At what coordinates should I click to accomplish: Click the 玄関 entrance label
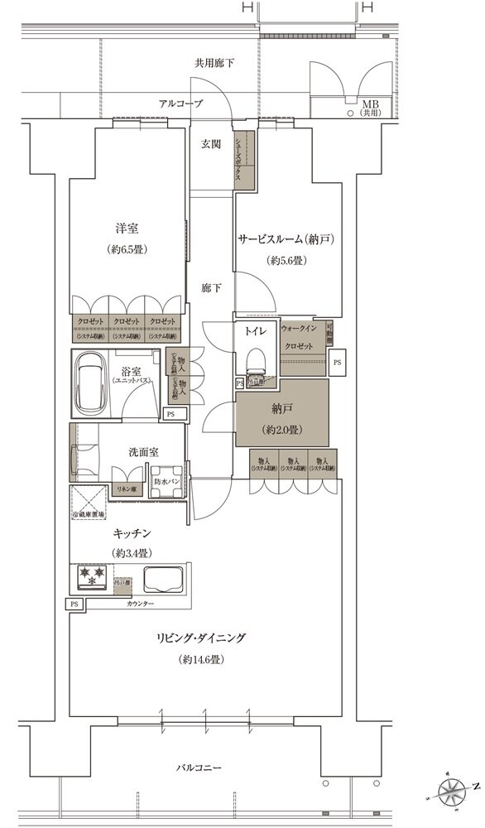tap(210, 144)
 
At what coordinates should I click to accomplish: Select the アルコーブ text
tap(181, 103)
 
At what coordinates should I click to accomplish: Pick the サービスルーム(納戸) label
tap(286, 239)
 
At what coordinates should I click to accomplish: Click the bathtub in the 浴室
tap(95, 383)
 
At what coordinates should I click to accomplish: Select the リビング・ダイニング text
tap(204, 638)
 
